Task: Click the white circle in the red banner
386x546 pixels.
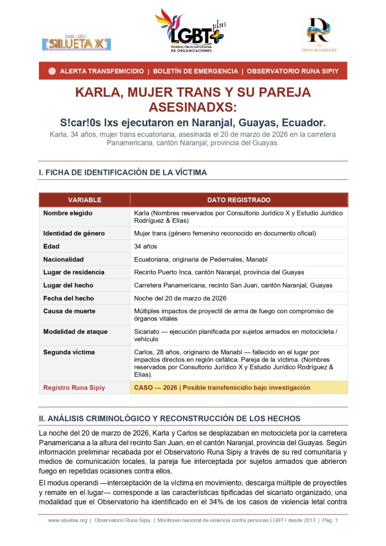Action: pos(52,71)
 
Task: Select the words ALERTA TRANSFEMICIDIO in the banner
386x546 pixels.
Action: pos(101,71)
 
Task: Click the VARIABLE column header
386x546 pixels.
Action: pos(84,200)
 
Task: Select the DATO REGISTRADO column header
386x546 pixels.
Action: pos(238,200)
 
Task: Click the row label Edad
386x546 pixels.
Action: pos(51,246)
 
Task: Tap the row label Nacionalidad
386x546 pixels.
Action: pos(63,259)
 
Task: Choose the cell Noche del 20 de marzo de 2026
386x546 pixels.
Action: pos(180,298)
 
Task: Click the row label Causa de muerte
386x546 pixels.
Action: pos(68,311)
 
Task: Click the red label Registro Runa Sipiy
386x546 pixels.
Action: pos(74,388)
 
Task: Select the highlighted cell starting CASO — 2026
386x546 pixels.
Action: pos(222,388)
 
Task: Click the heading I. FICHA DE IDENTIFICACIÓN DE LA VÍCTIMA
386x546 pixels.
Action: pos(123,172)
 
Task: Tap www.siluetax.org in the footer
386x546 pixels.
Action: pos(67,520)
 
